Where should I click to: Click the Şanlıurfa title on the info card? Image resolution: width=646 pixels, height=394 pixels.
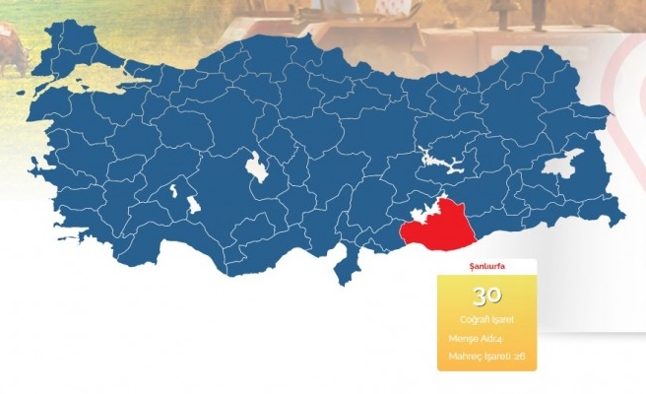[x=487, y=267]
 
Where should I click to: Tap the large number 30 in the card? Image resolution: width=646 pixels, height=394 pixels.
[x=487, y=295]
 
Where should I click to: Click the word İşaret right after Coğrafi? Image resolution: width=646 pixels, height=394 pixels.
[x=502, y=319]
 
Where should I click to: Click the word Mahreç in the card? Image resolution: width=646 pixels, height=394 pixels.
[x=465, y=356]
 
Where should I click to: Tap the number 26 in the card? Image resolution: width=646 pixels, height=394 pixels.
[x=520, y=356]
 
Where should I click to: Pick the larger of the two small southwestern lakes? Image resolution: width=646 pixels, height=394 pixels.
[x=193, y=205]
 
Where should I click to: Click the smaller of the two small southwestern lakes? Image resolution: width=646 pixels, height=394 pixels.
[x=174, y=189]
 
